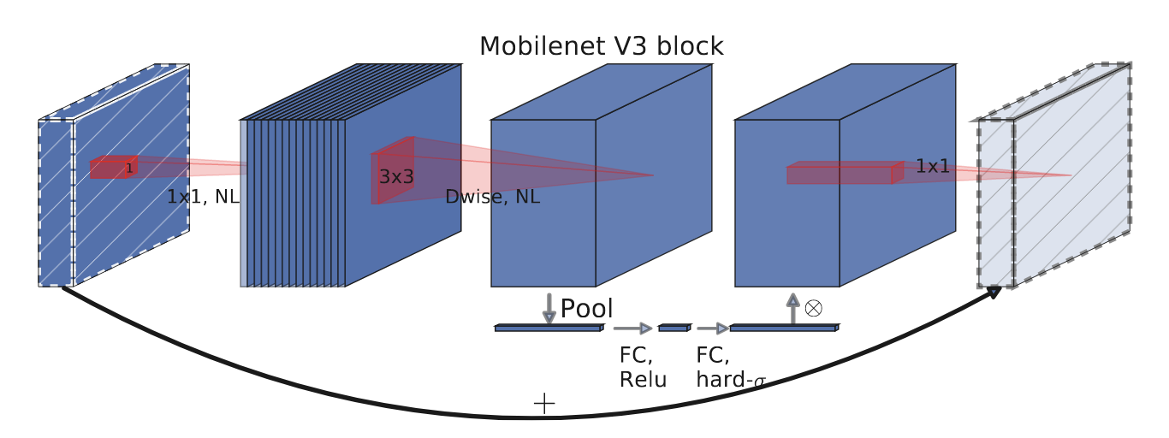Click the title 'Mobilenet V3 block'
pyautogui.click(x=601, y=46)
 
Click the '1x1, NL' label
pyautogui.click(x=203, y=197)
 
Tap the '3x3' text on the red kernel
pyautogui.click(x=396, y=177)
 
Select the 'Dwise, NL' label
pyautogui.click(x=492, y=197)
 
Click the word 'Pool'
pyautogui.click(x=586, y=308)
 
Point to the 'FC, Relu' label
pyautogui.click(x=643, y=367)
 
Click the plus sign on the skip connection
pyautogui.click(x=544, y=403)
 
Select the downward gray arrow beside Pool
pyautogui.click(x=549, y=309)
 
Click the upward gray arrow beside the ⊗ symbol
pyautogui.click(x=792, y=309)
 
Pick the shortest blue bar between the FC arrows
pyautogui.click(x=673, y=328)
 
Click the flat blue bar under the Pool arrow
pyautogui.click(x=549, y=328)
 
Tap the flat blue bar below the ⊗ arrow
pyautogui.click(x=783, y=328)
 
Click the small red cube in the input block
pyautogui.click(x=113, y=168)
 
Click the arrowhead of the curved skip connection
pyautogui.click(x=993, y=293)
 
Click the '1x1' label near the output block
pyautogui.click(x=932, y=166)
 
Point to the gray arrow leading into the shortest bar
pyautogui.click(x=633, y=328)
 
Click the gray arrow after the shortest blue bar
pyautogui.click(x=712, y=328)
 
